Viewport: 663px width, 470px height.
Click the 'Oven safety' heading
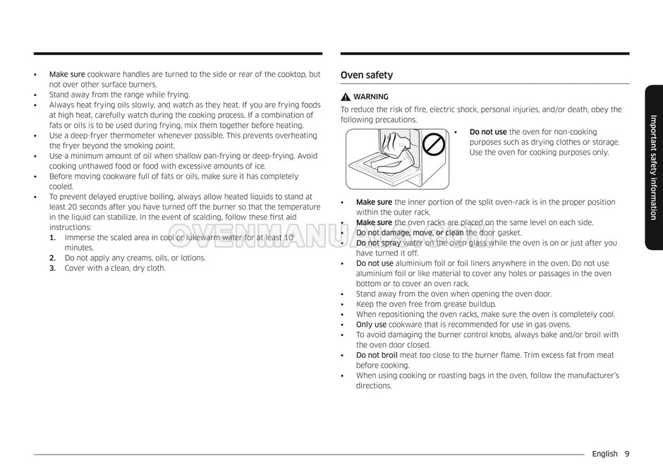tap(367, 76)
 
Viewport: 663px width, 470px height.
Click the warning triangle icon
tap(346, 97)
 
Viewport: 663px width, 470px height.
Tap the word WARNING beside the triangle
tap(370, 97)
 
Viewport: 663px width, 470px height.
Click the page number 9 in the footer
tap(626, 454)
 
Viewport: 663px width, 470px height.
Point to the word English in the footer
tap(605, 454)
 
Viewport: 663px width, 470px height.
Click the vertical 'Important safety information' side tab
tap(653, 167)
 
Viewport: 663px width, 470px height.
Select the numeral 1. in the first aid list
tap(53, 238)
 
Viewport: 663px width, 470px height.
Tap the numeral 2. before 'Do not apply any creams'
tap(53, 258)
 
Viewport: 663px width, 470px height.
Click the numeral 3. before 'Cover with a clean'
tap(53, 268)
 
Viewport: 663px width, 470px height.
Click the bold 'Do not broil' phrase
tap(377, 356)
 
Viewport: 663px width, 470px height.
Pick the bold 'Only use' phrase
tap(371, 325)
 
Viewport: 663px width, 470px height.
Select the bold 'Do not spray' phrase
tap(379, 243)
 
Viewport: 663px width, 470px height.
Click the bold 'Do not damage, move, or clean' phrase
tap(410, 233)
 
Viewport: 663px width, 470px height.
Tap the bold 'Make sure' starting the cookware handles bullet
tap(67, 74)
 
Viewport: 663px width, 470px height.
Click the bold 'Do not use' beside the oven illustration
tap(488, 132)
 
